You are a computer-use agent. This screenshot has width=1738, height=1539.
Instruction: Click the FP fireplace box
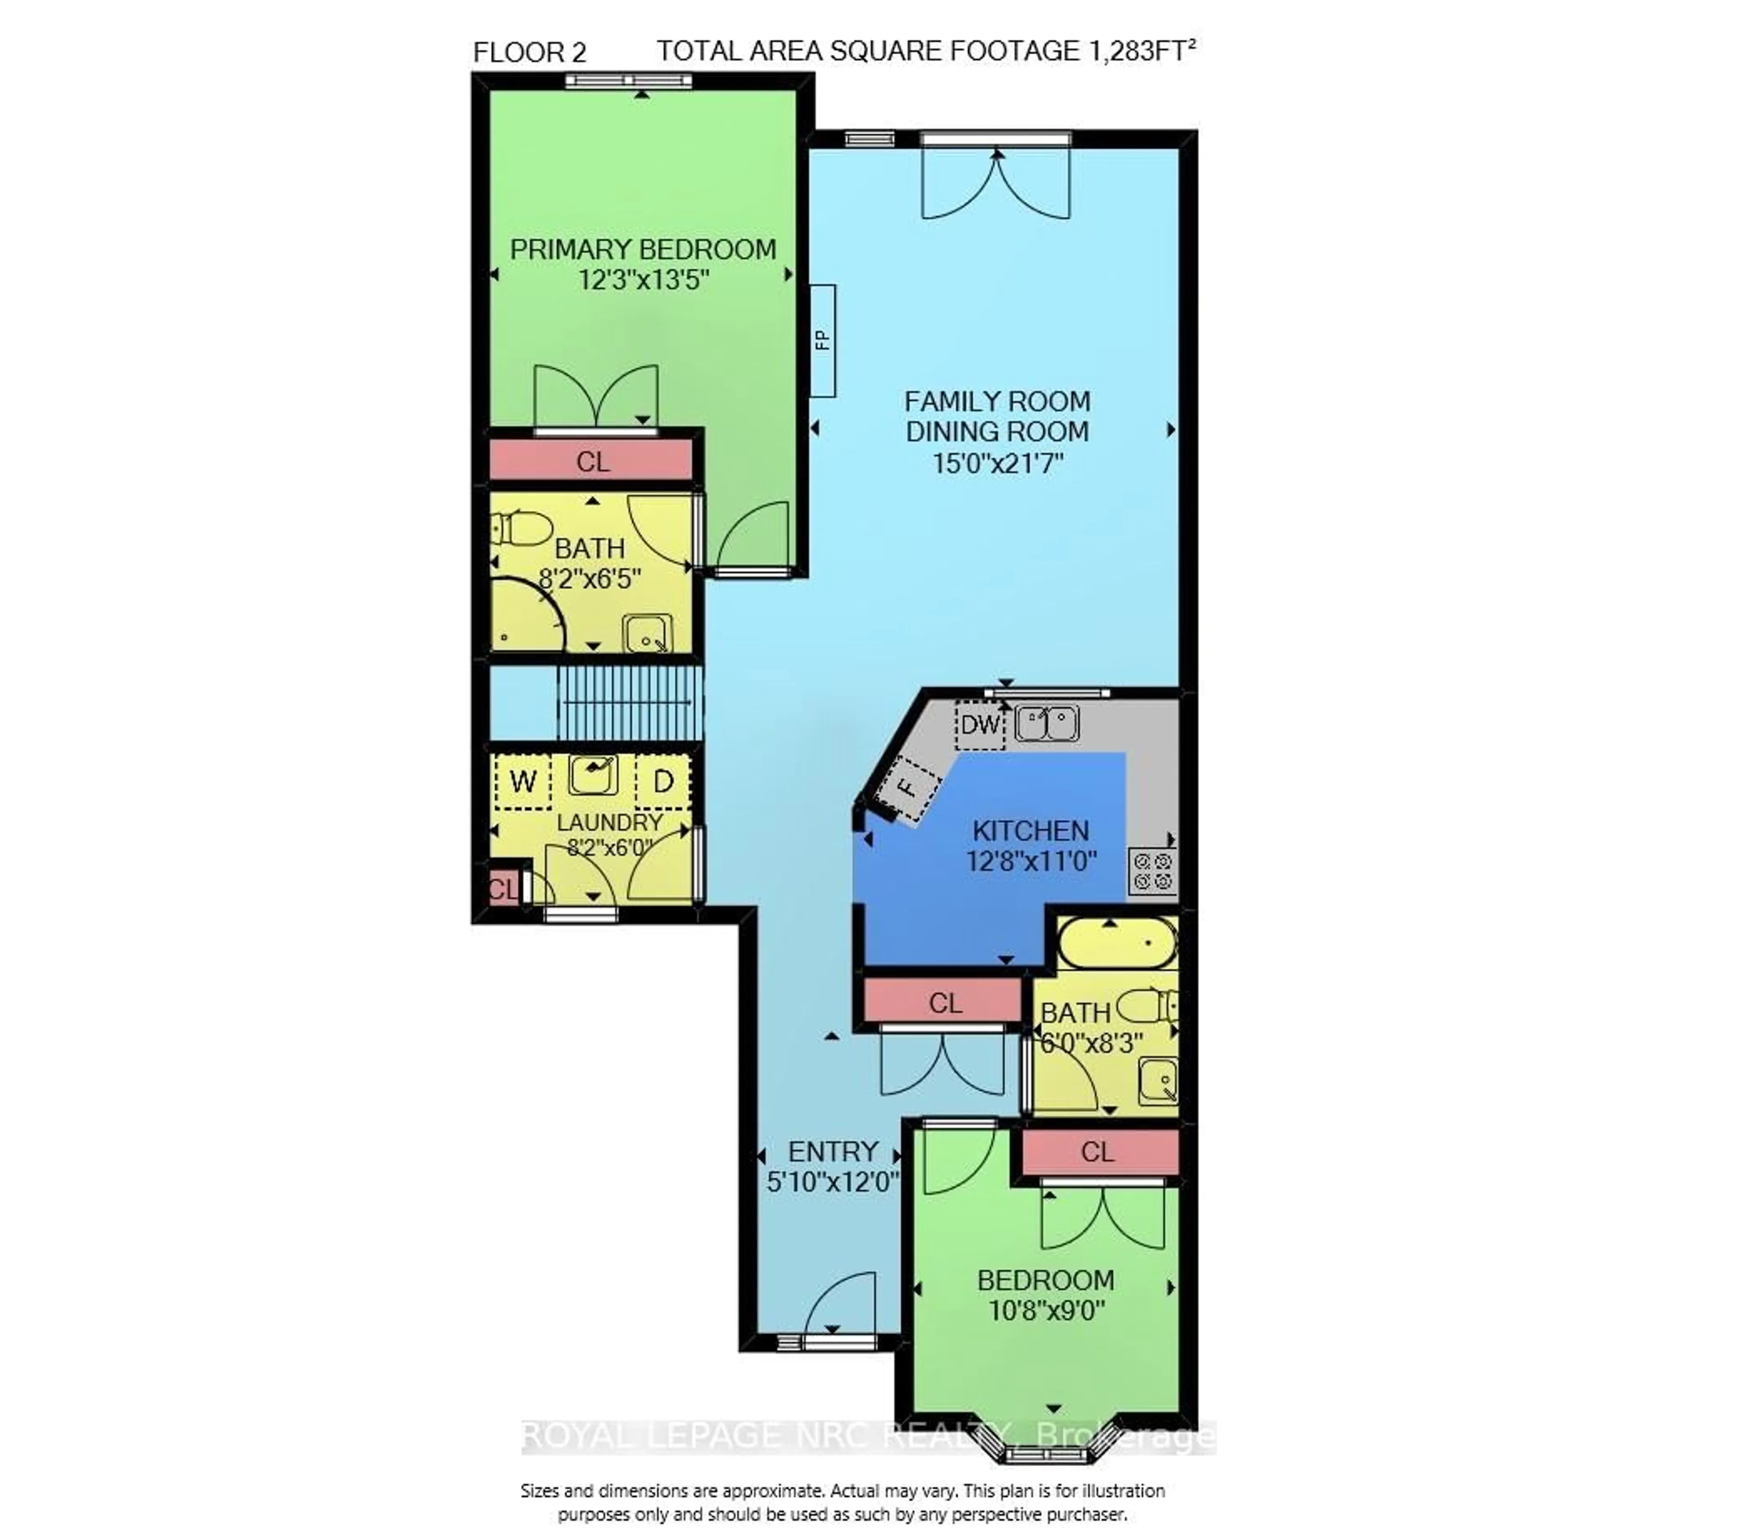tap(822, 340)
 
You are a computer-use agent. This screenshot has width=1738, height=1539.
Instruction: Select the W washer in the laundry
tap(522, 781)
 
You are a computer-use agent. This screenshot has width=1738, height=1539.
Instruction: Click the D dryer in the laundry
tap(663, 781)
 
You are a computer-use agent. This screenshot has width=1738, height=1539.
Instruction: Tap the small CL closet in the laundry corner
tap(501, 889)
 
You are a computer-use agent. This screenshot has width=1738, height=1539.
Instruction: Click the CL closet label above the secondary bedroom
tap(1097, 1152)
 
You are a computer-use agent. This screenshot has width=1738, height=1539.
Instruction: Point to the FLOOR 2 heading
tap(529, 52)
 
